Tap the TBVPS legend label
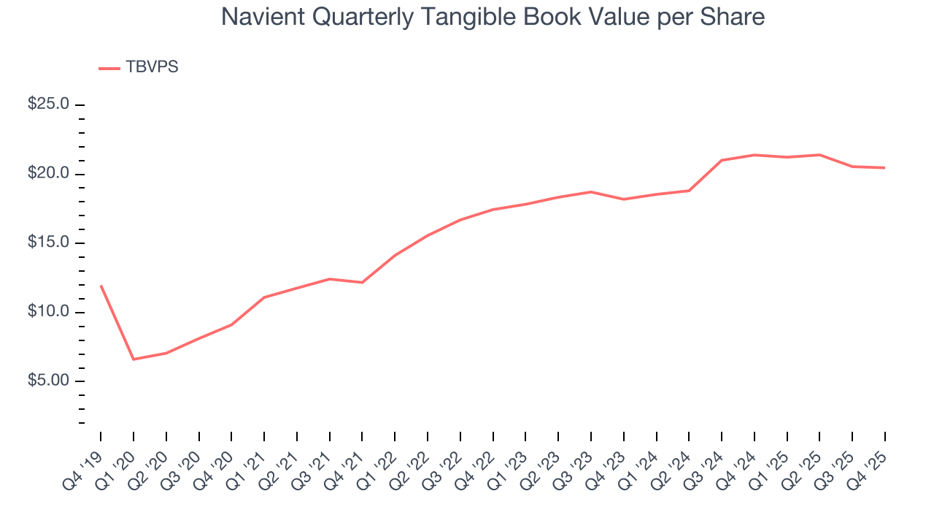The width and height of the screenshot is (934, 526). click(152, 67)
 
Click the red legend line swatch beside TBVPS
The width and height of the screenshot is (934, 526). click(109, 68)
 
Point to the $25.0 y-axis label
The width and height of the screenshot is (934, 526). click(48, 104)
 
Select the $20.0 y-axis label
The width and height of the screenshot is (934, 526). click(48, 174)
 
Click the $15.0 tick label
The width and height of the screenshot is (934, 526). click(48, 243)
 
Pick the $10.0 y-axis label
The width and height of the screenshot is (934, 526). click(48, 312)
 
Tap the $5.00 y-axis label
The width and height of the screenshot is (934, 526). click(48, 381)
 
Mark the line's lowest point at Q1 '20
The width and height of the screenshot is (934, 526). click(133, 359)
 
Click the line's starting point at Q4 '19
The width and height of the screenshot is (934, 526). click(101, 286)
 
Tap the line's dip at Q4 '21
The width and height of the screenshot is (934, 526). click(362, 283)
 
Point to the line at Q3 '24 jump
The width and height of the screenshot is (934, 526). click(722, 160)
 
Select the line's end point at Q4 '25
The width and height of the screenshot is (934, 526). click(884, 168)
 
